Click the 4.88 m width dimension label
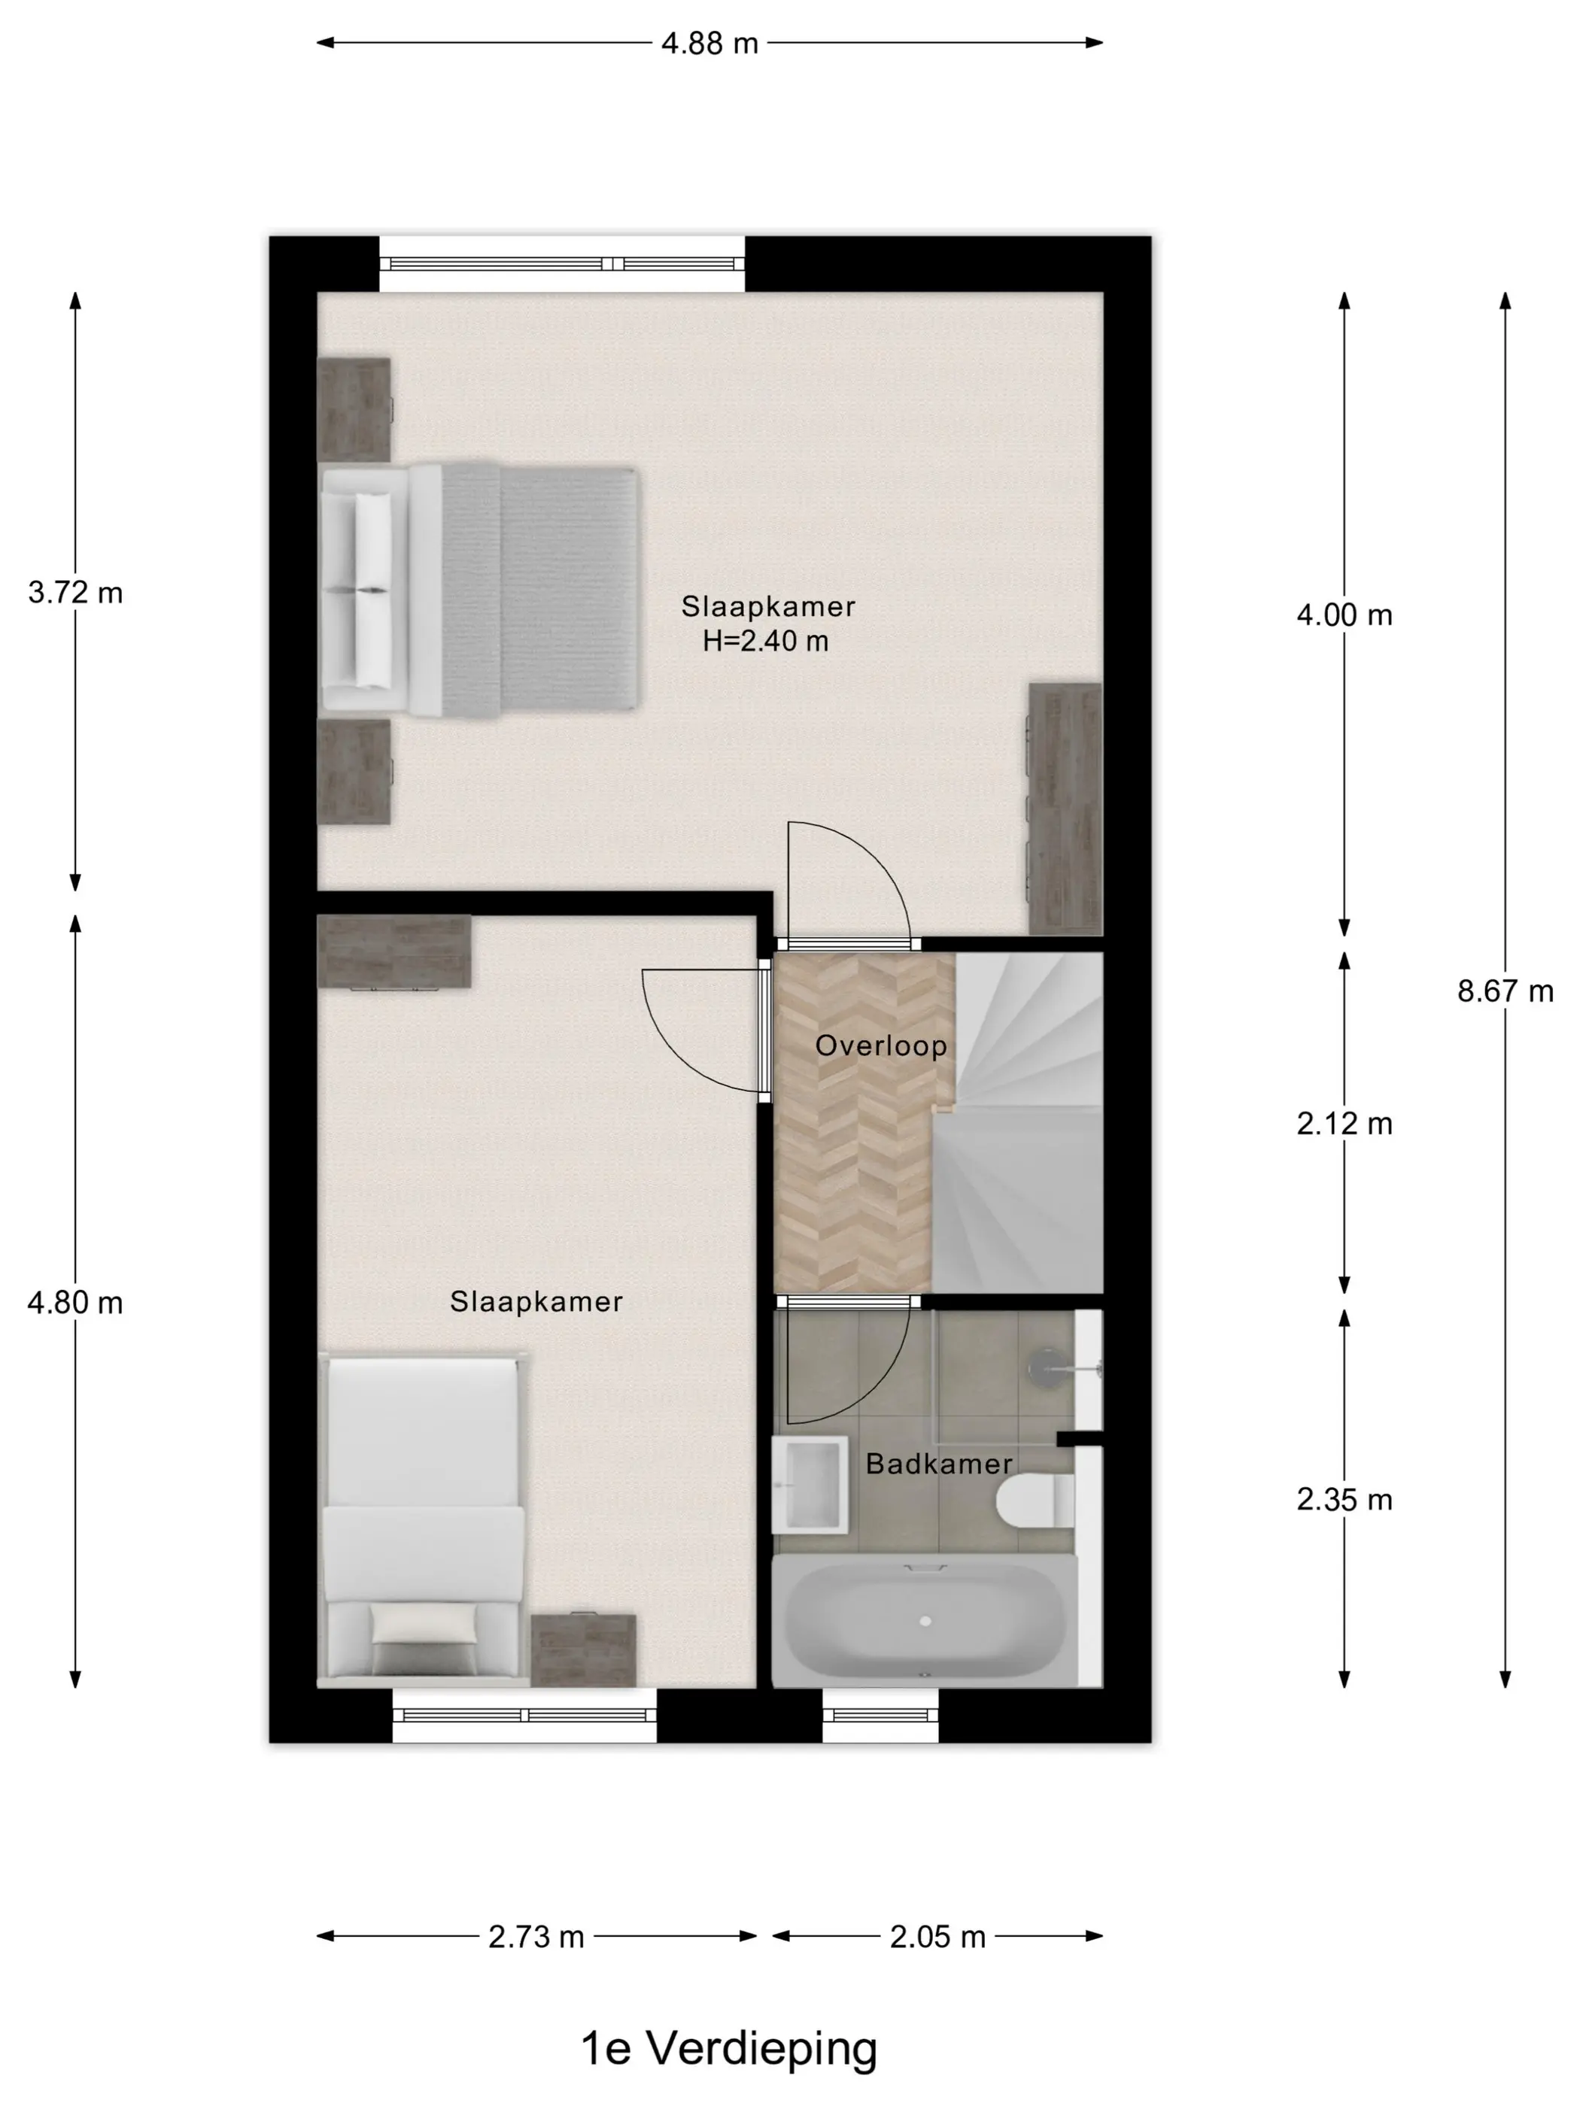click(709, 43)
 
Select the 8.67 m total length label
click(1505, 991)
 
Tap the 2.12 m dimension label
click(1344, 1124)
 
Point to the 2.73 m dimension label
click(536, 1937)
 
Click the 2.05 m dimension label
click(937, 1937)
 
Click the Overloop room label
click(881, 1045)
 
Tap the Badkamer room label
click(938, 1464)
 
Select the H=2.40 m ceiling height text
click(766, 641)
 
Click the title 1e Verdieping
click(728, 2048)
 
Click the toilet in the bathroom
click(1035, 1502)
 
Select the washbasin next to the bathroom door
click(810, 1484)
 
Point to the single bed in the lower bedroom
click(424, 1519)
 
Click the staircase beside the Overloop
click(1019, 1124)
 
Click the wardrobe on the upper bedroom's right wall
click(1065, 809)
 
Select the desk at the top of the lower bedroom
click(394, 952)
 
